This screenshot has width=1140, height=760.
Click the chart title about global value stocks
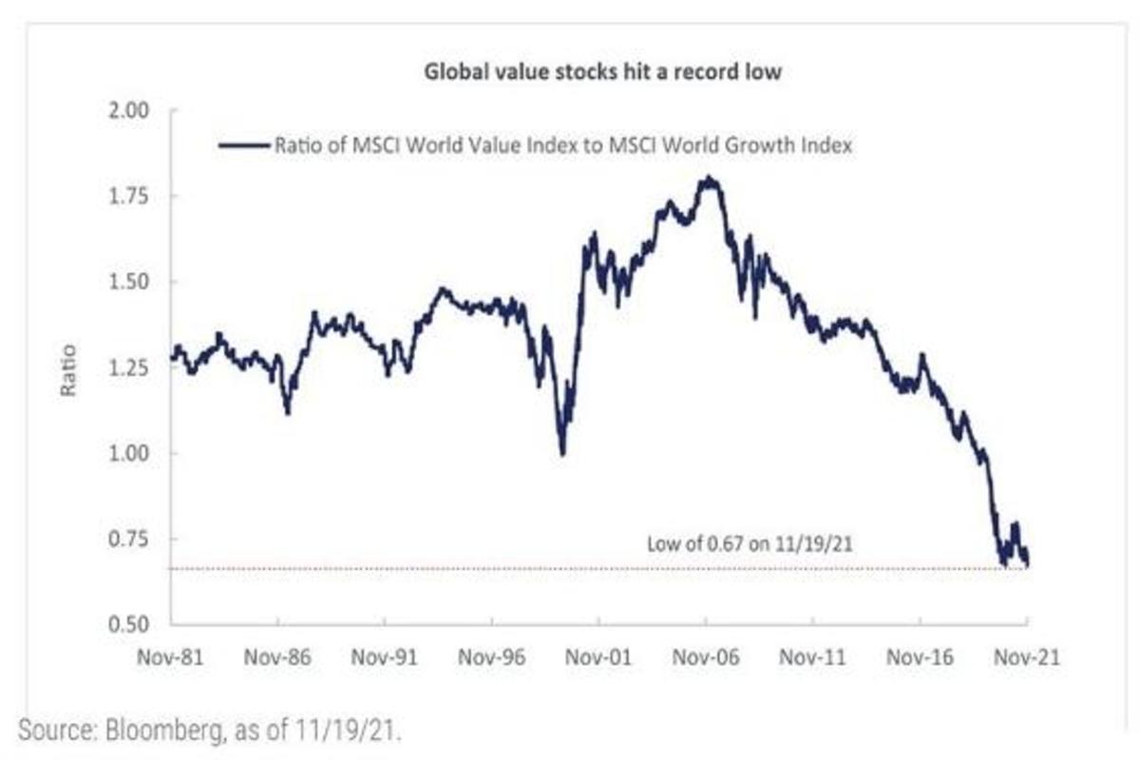(601, 72)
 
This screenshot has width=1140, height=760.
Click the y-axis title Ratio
(68, 370)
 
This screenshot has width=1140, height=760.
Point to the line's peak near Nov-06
(708, 178)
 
